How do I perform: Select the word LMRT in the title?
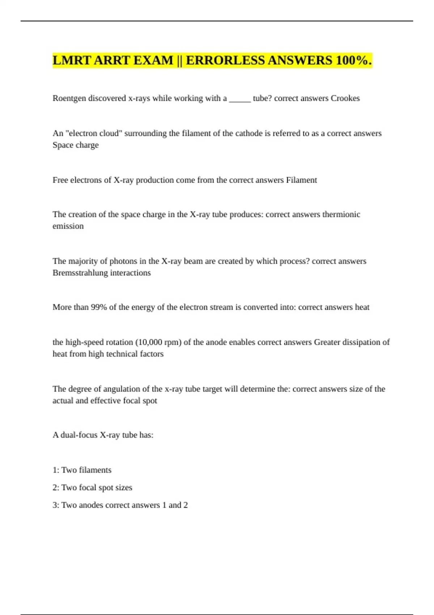pos(72,60)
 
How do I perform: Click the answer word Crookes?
pos(345,98)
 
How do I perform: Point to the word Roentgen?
pos(69,98)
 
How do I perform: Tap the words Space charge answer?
pos(76,145)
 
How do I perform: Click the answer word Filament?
pos(301,180)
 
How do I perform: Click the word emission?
pos(68,226)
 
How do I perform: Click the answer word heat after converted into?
pos(362,307)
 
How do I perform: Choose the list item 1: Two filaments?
pos(82,470)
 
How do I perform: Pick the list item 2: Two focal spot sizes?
pos(92,488)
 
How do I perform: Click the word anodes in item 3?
pos(90,505)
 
